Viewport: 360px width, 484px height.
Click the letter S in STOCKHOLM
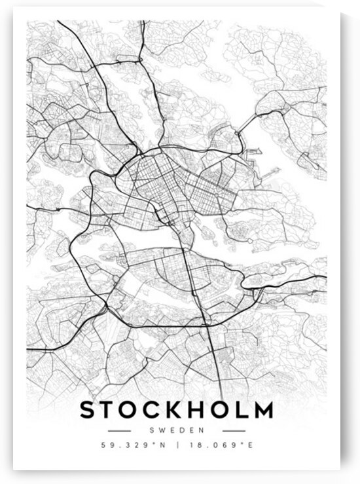[88, 411]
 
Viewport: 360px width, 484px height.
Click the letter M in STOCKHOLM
[262, 411]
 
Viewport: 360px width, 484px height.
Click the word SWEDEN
[176, 430]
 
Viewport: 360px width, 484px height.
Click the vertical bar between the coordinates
[176, 446]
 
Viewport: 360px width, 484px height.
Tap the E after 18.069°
[248, 446]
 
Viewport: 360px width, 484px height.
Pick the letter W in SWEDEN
[162, 430]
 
